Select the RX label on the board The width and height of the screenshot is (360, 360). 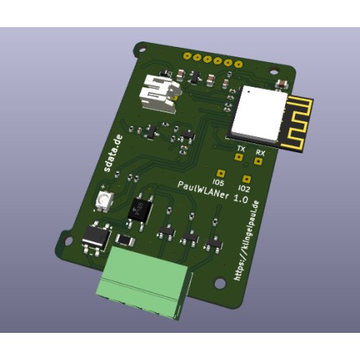(x=260, y=151)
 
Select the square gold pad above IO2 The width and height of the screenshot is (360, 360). (x=247, y=179)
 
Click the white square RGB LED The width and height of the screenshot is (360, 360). (x=104, y=201)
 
